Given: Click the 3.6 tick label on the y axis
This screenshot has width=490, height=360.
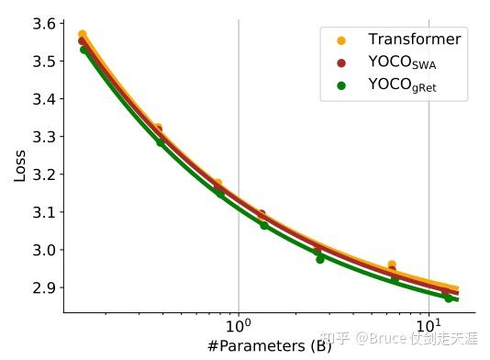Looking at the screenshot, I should point(49,23).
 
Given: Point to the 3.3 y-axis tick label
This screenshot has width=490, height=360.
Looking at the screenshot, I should point(49,137).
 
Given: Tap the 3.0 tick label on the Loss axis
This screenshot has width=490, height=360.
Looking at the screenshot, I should point(49,250).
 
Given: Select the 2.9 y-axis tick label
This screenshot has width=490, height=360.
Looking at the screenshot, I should point(49,288).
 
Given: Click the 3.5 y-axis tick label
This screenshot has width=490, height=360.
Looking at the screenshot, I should point(49,61).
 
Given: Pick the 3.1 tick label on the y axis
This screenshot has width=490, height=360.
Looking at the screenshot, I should point(49,212).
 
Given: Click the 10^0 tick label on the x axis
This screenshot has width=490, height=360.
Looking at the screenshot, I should point(239,325).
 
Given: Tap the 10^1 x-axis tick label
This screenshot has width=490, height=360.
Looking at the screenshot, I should point(429,325).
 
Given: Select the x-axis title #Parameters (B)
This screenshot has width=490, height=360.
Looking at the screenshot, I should point(268,346).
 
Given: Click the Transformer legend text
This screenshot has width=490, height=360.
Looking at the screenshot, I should point(414,39).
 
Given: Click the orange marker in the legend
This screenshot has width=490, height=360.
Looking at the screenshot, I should point(341,39).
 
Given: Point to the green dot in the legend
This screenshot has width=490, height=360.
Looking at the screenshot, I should point(341,87).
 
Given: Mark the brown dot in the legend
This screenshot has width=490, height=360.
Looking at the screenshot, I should point(341,63).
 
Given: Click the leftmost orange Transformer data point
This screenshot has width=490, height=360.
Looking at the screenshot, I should point(83,35).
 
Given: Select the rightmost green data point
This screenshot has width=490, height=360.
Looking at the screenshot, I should point(449,298).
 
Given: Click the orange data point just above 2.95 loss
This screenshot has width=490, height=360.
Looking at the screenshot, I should point(392,265).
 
